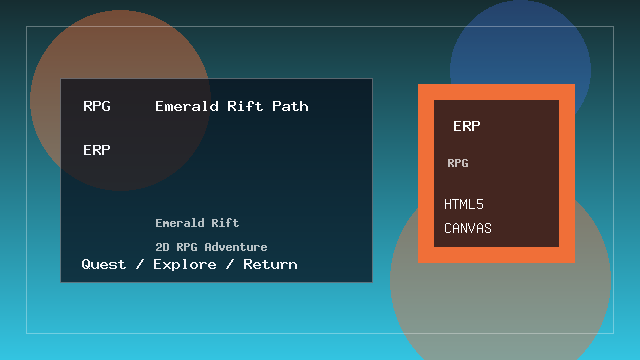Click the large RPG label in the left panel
pyautogui.click(x=97, y=106)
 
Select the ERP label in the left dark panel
pyautogui.click(x=97, y=150)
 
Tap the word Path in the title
pyautogui.click(x=290, y=106)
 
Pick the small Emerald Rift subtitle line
pyautogui.click(x=197, y=223)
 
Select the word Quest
pyautogui.click(x=104, y=264)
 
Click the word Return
pyautogui.click(x=270, y=264)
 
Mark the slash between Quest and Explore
pyautogui.click(x=138, y=264)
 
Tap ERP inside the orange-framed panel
pyautogui.click(x=467, y=126)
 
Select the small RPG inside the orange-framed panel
pyautogui.click(x=458, y=163)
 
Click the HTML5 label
pyautogui.click(x=464, y=204)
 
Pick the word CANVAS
pyautogui.click(x=468, y=228)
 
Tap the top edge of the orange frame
pyautogui.click(x=496, y=91)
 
